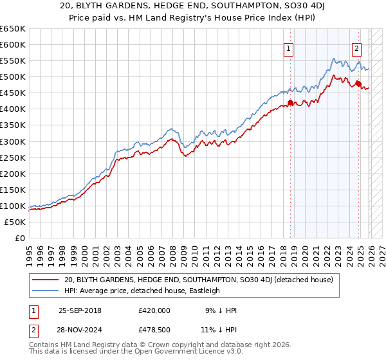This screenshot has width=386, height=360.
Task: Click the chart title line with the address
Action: [193, 6]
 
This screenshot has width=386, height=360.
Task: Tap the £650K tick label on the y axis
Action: [13, 29]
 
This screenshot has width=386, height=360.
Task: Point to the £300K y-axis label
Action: [13, 141]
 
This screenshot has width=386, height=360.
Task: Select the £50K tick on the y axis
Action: [15, 222]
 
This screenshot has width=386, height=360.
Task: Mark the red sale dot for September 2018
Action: [290, 102]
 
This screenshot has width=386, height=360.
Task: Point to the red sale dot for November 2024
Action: [358, 83]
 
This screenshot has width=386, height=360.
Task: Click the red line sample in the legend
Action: [45, 280]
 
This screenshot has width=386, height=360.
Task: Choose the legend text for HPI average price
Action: [142, 291]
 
